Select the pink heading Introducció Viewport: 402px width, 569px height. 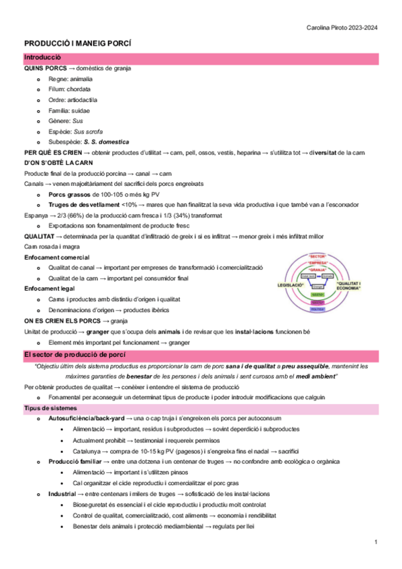point(43,58)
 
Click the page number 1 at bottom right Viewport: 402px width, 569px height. point(377,541)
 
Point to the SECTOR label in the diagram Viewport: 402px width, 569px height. point(317,256)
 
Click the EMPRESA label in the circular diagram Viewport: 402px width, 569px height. point(317,263)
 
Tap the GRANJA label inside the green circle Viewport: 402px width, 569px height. point(317,269)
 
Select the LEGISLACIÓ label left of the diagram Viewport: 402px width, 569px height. point(290,285)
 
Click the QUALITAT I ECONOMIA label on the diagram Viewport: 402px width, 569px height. point(349,285)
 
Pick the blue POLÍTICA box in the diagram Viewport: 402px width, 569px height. point(317,309)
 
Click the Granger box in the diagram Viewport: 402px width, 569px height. point(317,286)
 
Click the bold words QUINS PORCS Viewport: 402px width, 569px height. point(44,68)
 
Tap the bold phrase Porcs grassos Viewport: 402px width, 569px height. point(70,194)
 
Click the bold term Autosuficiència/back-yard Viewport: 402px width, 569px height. point(86,418)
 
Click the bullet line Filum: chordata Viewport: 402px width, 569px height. point(70,89)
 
